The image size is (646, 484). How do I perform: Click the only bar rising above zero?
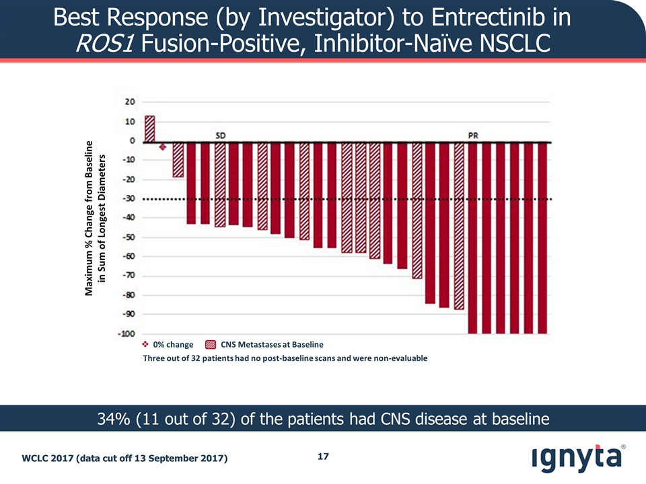coord(149,128)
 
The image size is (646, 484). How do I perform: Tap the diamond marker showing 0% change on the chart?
coord(163,147)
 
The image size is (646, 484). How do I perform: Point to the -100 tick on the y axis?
coord(127,333)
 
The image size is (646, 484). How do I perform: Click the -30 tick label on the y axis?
coord(128,198)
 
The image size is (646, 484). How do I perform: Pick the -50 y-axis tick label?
coord(128,237)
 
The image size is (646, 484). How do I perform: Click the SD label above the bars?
coord(220,134)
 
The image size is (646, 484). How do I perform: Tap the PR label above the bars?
coord(473,134)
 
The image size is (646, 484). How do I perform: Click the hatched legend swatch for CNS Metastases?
coord(211,344)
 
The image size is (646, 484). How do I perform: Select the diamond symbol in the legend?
coord(146,344)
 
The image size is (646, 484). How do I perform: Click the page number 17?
coord(323,457)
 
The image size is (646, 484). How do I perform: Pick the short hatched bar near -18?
coord(178,159)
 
